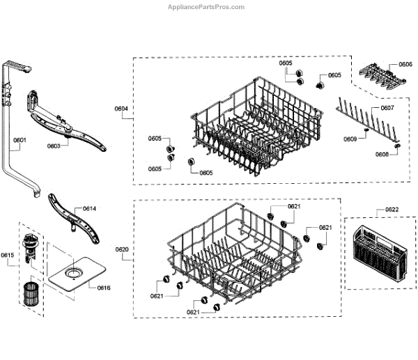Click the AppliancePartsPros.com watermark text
click(x=206, y=7)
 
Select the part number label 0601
click(x=20, y=141)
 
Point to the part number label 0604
click(x=121, y=109)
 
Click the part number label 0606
click(x=405, y=64)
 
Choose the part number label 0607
click(x=387, y=109)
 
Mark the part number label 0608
click(x=382, y=154)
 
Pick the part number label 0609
click(x=350, y=139)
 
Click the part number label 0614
click(x=89, y=209)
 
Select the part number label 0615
click(x=8, y=256)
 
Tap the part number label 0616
click(x=103, y=288)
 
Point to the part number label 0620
click(x=121, y=249)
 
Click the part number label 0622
click(x=392, y=210)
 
